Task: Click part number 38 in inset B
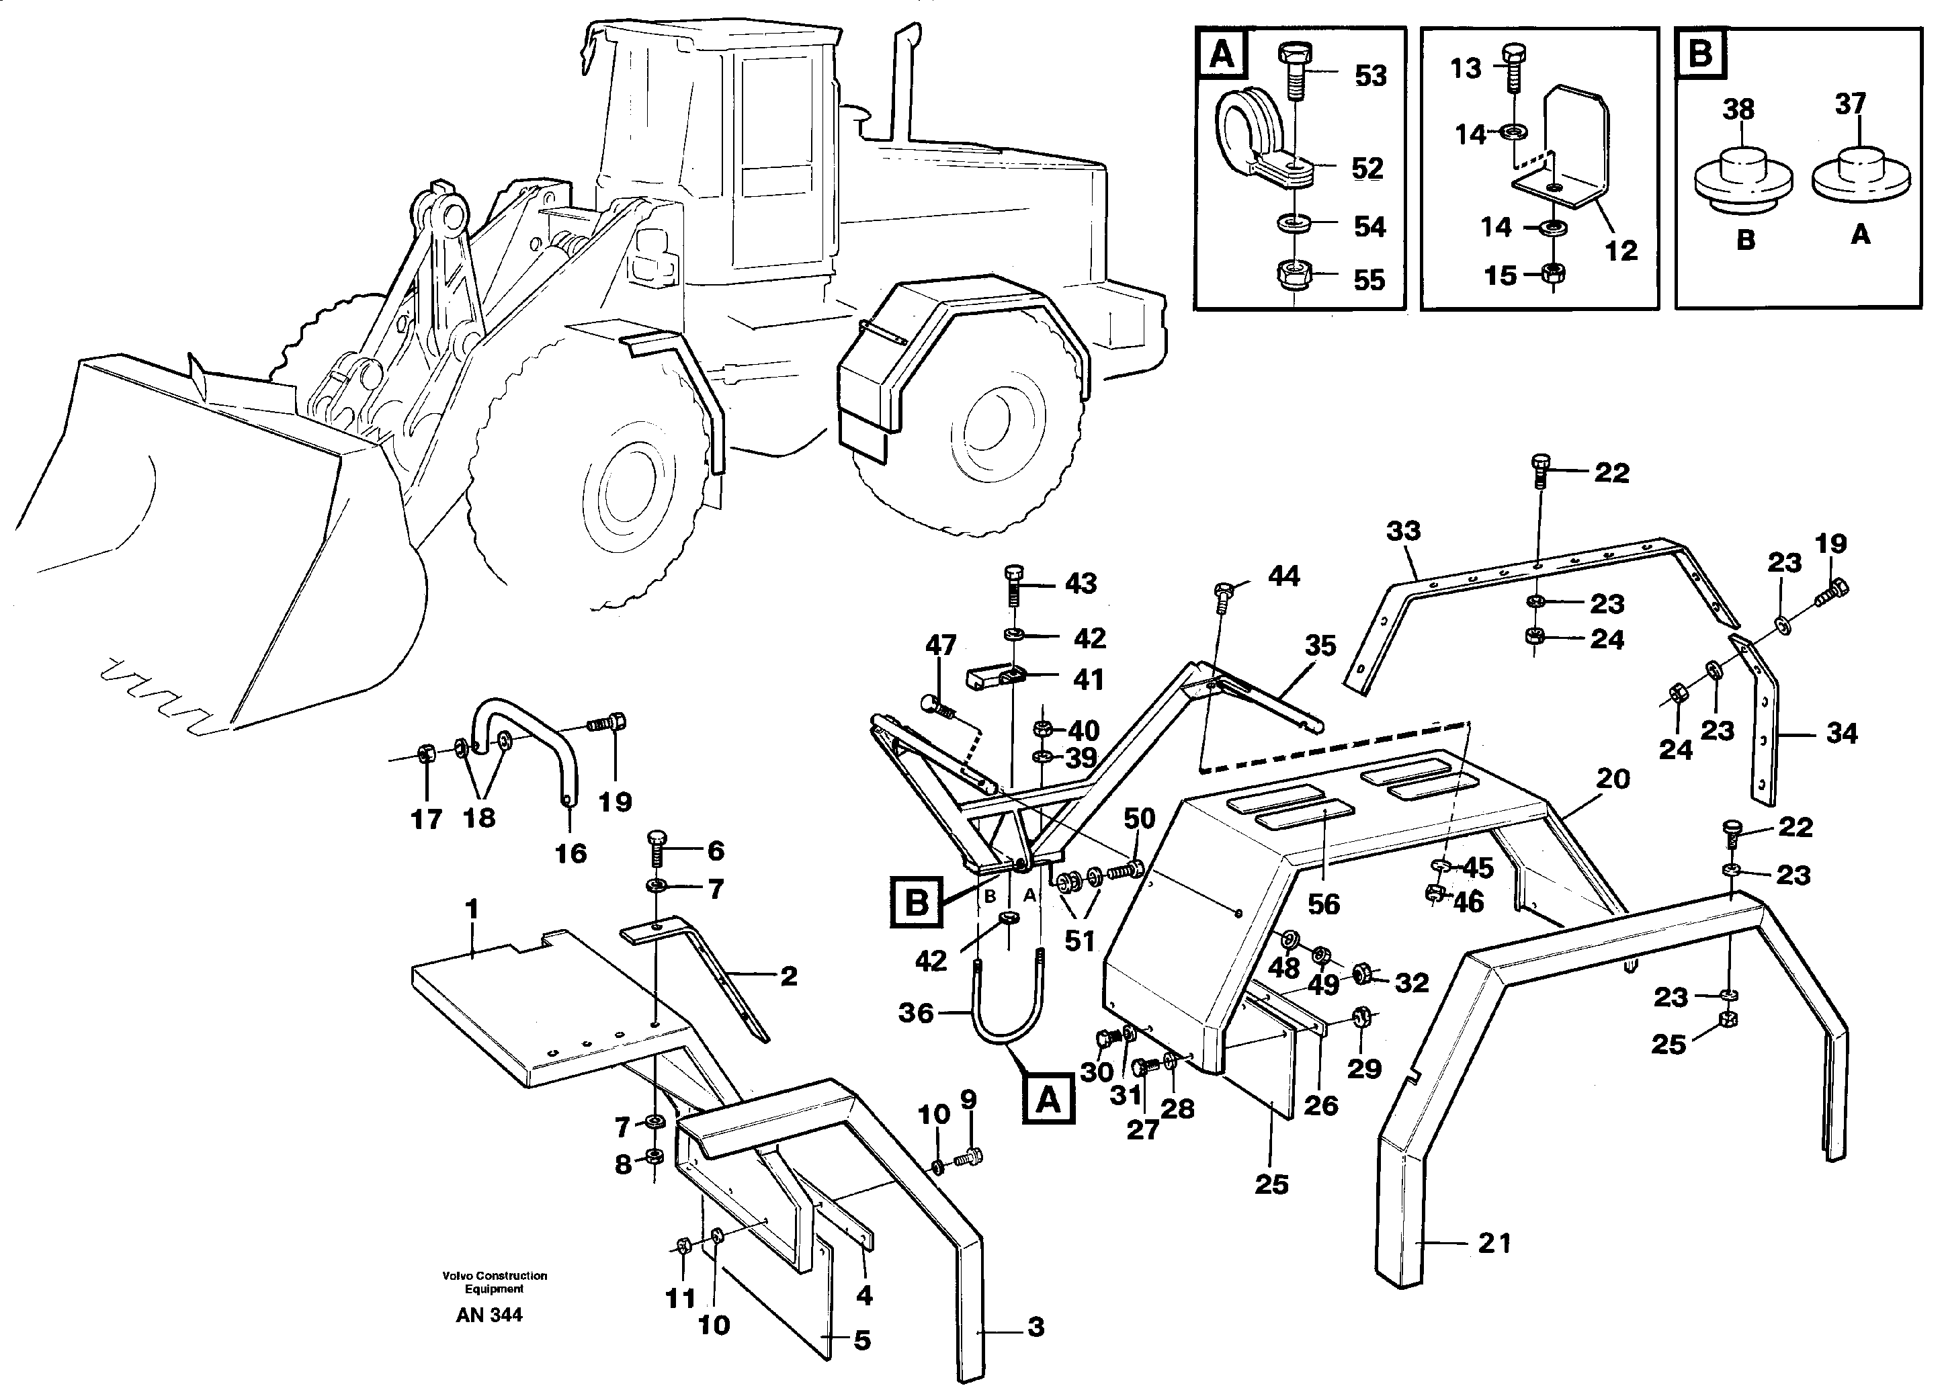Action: click(1738, 110)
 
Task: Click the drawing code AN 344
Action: click(489, 1314)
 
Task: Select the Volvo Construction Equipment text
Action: click(494, 1282)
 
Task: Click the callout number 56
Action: click(1323, 904)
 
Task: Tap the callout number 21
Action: click(1494, 1242)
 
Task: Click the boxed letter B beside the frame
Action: click(916, 902)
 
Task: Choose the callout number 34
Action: click(1842, 734)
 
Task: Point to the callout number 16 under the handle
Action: click(571, 853)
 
